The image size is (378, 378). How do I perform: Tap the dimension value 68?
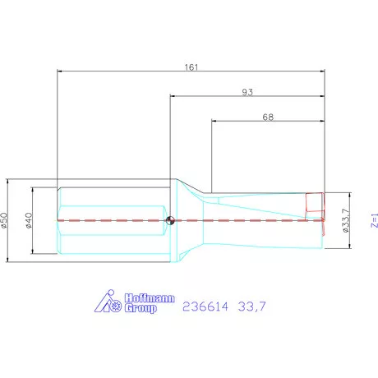click(x=268, y=117)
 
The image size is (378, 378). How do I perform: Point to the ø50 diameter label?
click(x=4, y=219)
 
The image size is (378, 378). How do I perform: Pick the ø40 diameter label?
click(x=28, y=219)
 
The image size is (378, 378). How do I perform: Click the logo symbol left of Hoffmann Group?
click(x=109, y=304)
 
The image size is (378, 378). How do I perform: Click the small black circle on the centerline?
click(x=170, y=219)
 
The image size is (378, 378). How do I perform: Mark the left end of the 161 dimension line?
click(x=57, y=71)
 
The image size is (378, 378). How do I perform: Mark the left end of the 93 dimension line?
click(x=170, y=96)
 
